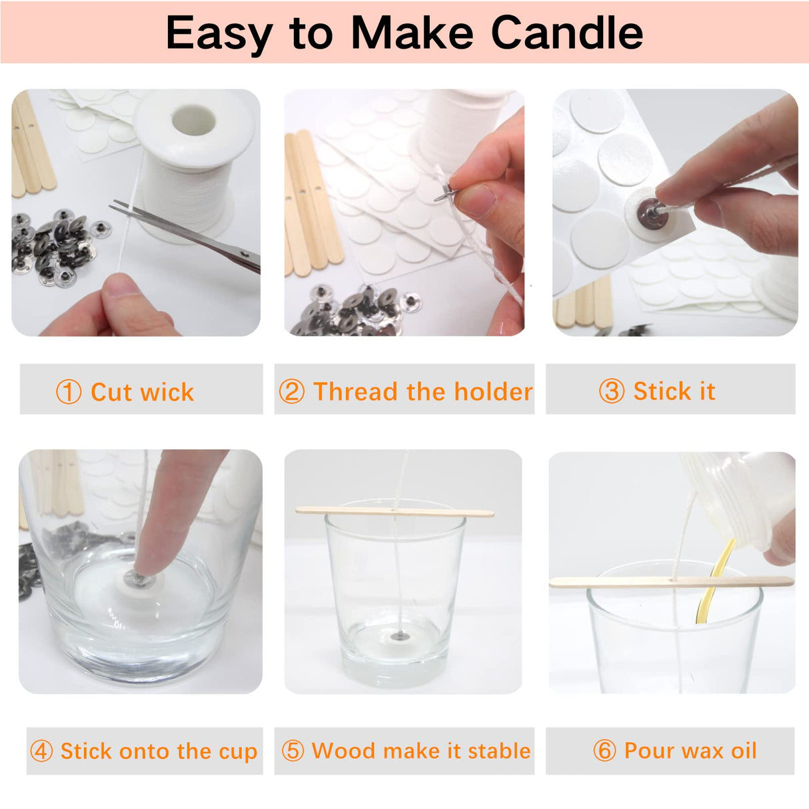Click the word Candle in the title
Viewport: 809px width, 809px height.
566,33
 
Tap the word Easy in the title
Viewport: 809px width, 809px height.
219,33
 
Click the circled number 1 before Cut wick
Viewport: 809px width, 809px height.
69,392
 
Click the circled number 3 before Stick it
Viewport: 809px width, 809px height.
611,391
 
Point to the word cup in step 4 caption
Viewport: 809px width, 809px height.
238,752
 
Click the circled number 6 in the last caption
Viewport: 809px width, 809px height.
604,751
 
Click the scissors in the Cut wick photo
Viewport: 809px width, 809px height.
193,235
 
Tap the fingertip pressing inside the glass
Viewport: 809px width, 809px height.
153,553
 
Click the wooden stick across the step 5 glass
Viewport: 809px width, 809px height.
395,512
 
